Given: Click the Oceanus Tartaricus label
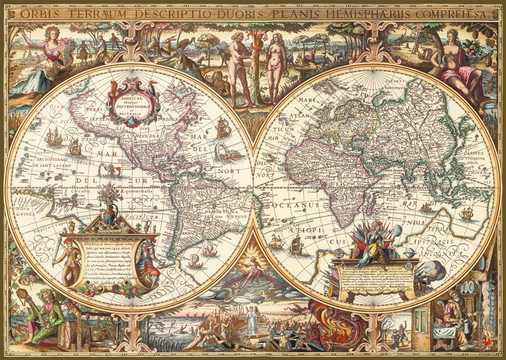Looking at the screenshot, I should [397, 83].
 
